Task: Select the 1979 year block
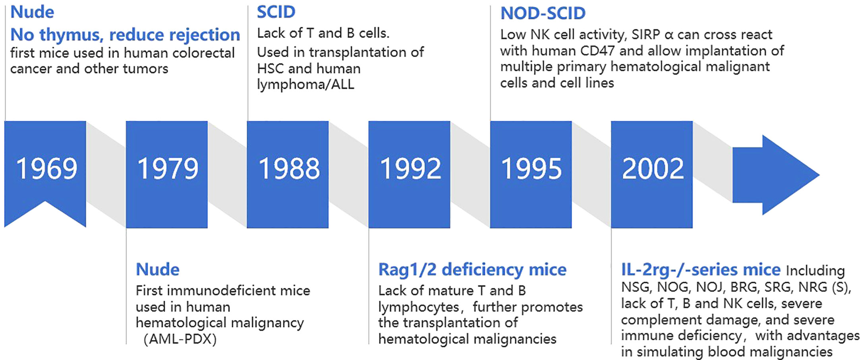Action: tap(167, 174)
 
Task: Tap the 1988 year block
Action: tap(288, 174)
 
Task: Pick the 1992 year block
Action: tap(409, 174)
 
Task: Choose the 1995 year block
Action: tap(531, 174)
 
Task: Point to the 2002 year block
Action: tap(652, 174)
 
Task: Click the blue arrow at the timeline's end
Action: tap(775, 175)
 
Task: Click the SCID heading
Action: tap(276, 12)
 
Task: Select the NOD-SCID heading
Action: tap(543, 14)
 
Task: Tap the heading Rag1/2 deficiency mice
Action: tap(472, 270)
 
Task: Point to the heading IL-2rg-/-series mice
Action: tap(701, 270)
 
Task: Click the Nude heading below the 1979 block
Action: tap(158, 269)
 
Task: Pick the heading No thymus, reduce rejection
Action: tap(125, 35)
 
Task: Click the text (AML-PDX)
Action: tap(180, 339)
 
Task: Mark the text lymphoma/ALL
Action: tap(305, 85)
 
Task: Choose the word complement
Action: tap(660, 320)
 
